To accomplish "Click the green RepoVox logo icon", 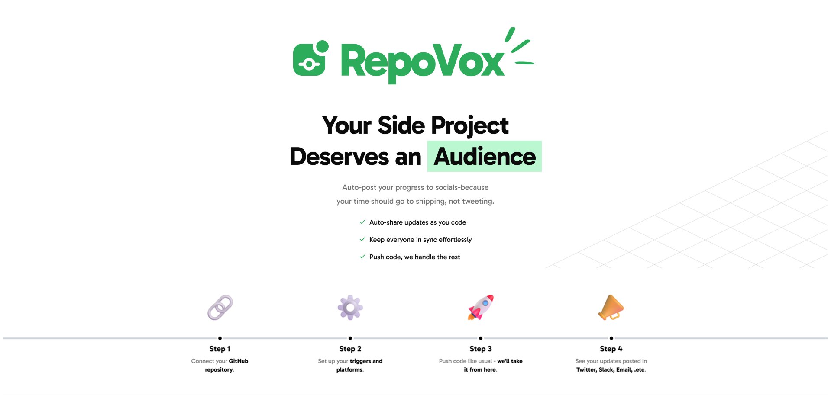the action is [310, 59].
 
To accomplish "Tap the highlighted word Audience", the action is [485, 157].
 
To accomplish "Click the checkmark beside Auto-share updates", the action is [362, 222].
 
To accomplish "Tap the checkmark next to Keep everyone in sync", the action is [362, 239].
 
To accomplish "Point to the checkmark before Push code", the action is [362, 257].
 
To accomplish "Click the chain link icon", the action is [220, 308].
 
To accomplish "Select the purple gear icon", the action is [350, 308].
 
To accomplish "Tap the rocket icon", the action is [481, 308].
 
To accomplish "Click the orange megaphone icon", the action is [611, 308].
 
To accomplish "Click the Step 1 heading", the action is [220, 349].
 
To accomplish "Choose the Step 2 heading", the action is [350, 349].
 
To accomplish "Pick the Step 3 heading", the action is [481, 349].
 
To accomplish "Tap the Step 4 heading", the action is [611, 349].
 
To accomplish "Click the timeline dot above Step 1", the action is [220, 338].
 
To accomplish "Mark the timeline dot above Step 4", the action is [611, 338].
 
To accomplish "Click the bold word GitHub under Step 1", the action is [239, 361].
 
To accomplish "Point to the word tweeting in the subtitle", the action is [478, 201].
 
